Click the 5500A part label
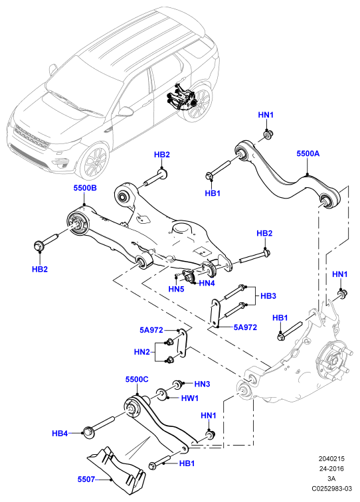308,153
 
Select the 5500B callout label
85,188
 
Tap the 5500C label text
137,379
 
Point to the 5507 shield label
86,479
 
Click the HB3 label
268,296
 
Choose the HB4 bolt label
60,434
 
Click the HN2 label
142,352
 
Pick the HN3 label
202,384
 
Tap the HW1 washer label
190,398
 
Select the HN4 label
207,283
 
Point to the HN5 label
176,289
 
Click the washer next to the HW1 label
161,394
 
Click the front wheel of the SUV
94,161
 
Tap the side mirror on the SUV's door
126,112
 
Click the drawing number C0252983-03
332,489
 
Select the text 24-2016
331,469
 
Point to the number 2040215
331,459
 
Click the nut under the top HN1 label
267,134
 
